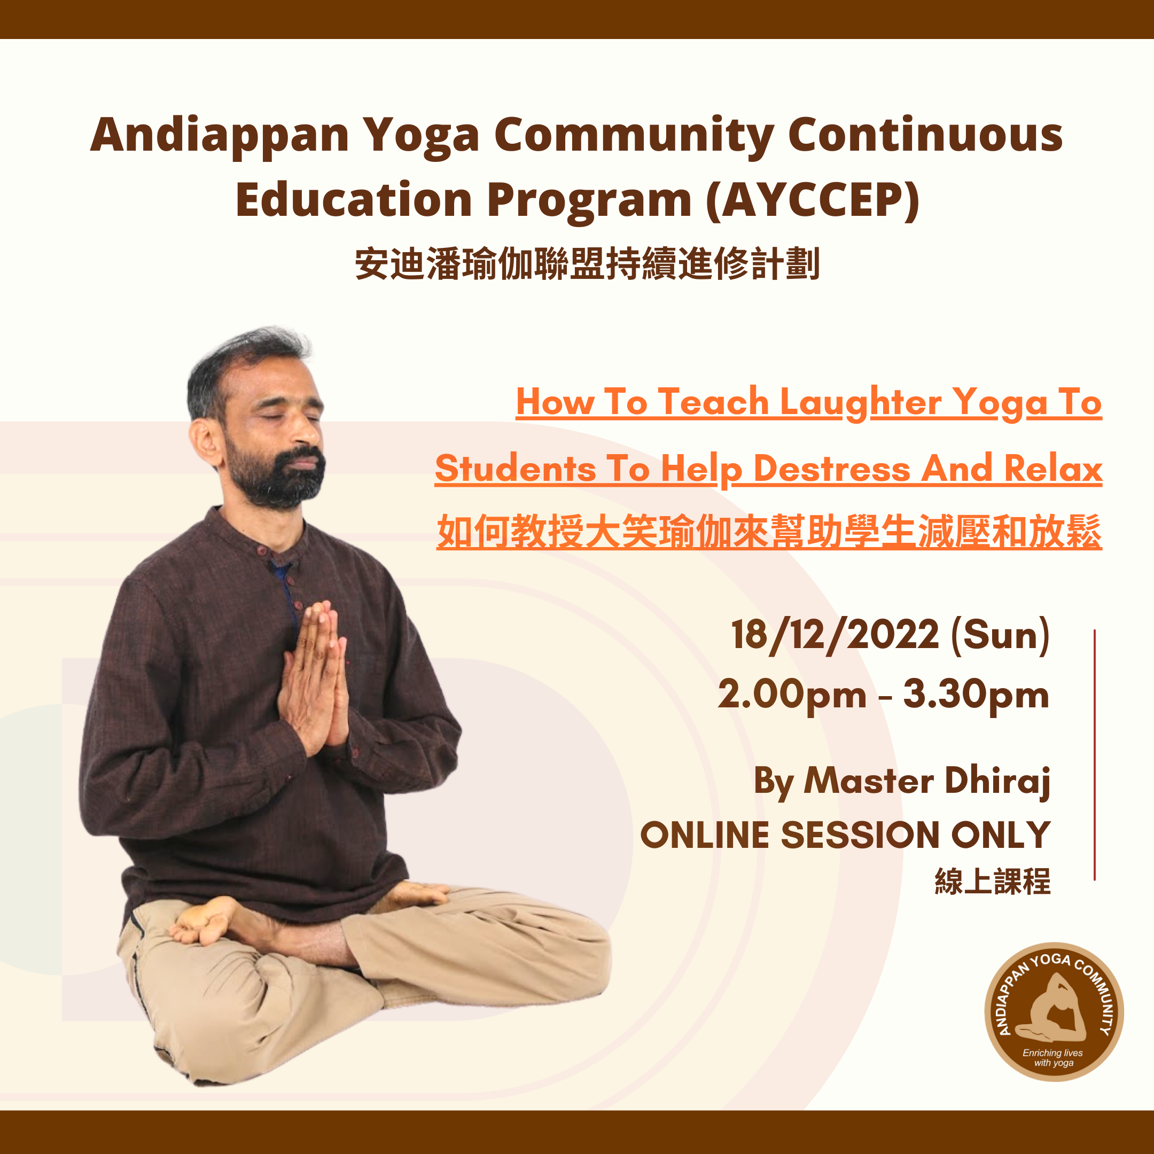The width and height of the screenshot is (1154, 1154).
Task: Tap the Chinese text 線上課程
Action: [993, 882]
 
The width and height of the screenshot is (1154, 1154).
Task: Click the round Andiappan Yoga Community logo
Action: [1054, 1012]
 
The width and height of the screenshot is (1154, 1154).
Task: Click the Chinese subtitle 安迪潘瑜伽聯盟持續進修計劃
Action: [587, 263]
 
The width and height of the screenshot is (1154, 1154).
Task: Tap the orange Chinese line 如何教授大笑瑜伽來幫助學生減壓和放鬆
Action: [769, 532]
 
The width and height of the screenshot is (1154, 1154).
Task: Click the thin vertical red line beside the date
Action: [1095, 754]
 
